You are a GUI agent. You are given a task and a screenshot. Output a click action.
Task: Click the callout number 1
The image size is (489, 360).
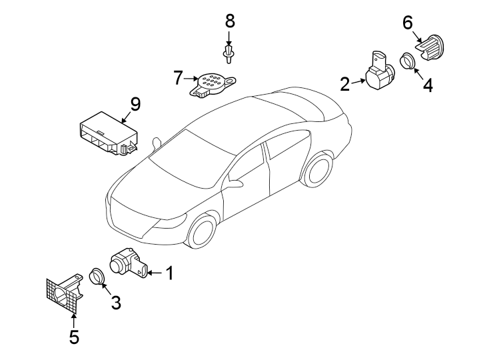pos(169,273)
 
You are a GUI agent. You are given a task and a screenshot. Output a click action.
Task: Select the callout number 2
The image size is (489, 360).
pos(345,84)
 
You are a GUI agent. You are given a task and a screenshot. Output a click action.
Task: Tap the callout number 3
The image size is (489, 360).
pos(116,302)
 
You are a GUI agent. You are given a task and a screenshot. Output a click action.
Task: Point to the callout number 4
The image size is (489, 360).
pos(428,85)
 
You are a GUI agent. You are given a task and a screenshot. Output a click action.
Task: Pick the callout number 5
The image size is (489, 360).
pos(74,337)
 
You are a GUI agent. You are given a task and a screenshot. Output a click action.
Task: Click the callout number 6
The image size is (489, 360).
pos(408,23)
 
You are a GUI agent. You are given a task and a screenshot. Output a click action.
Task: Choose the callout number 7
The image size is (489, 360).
pos(178,78)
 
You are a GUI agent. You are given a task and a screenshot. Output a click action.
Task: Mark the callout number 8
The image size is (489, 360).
pos(230,21)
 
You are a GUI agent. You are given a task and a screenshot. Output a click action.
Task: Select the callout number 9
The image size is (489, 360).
pos(135,104)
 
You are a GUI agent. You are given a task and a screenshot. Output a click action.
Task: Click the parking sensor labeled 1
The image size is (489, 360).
pos(129,263)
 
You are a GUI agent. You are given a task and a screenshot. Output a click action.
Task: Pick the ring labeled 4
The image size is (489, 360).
pos(407,61)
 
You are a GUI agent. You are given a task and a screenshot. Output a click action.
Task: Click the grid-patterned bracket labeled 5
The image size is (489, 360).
pos(64,292)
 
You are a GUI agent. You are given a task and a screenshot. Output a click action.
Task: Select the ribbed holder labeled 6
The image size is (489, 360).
pos(430,47)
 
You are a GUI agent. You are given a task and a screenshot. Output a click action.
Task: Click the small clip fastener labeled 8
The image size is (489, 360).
pos(229,54)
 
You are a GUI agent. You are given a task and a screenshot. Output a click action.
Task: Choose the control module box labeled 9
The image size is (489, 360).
pos(108,133)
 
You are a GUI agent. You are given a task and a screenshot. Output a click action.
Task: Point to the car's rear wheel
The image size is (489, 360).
pos(318,170)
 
